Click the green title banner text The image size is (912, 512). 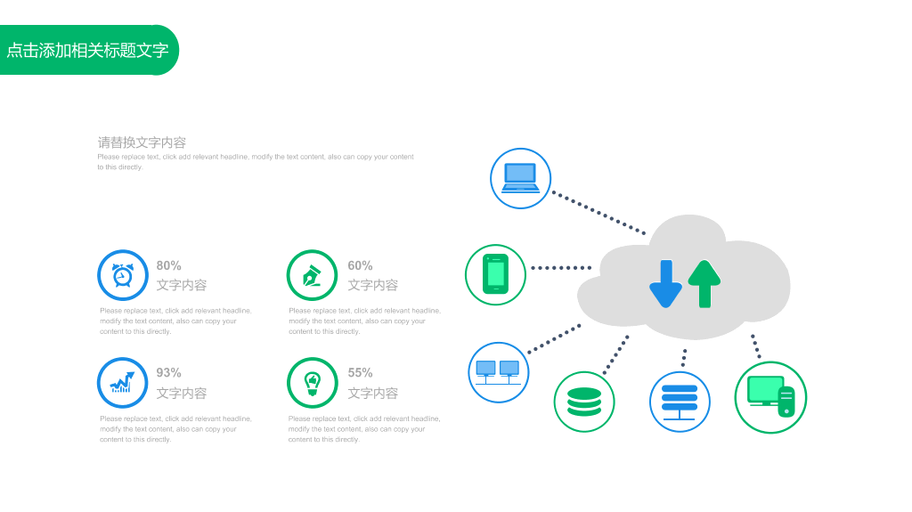click(87, 51)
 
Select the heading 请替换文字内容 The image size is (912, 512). click(142, 142)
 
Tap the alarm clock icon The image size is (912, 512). click(123, 275)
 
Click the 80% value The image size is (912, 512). click(168, 266)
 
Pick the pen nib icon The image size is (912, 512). click(313, 276)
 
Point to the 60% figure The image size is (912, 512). click(360, 266)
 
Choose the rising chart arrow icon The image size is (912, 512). click(123, 383)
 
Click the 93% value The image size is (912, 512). click(168, 373)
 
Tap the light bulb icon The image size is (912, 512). click(313, 384)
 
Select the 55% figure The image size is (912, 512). click(360, 373)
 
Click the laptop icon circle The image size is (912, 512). click(520, 179)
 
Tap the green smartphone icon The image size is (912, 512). click(495, 274)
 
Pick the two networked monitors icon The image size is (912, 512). click(498, 372)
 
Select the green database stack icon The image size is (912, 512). click(584, 402)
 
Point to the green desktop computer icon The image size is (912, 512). click(770, 397)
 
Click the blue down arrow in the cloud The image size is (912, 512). click(666, 284)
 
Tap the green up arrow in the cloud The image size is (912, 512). click(704, 284)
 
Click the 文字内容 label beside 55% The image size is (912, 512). click(373, 394)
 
